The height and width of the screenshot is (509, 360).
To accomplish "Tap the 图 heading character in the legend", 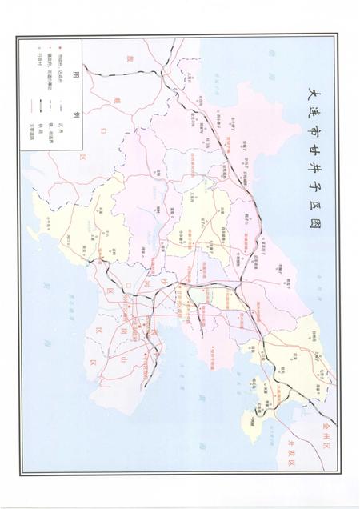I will click(x=76, y=75).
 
